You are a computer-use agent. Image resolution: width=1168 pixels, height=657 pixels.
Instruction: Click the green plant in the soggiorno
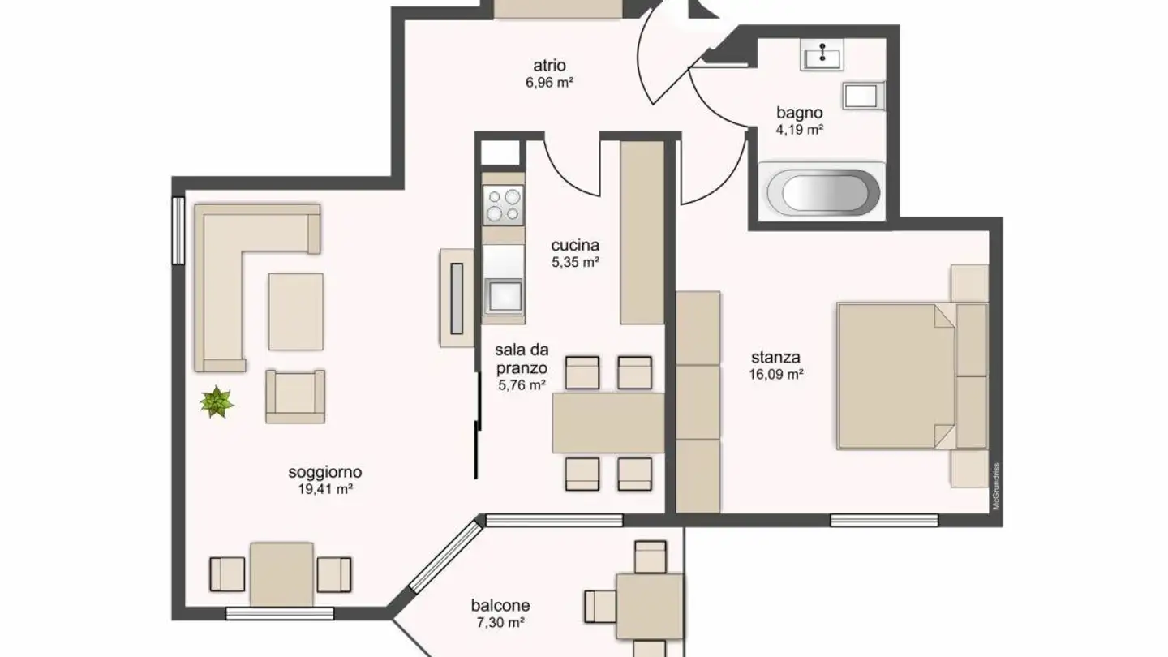pyautogui.click(x=217, y=401)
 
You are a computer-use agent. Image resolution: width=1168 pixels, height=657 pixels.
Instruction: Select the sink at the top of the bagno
pyautogui.click(x=823, y=56)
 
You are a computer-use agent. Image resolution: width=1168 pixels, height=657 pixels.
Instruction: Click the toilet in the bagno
pyautogui.click(x=861, y=96)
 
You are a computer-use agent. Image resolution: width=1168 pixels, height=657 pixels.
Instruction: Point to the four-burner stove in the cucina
pyautogui.click(x=503, y=204)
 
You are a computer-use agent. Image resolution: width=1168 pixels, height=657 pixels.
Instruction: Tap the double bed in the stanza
pyautogui.click(x=892, y=376)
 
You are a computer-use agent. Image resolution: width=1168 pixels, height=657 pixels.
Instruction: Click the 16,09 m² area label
pyautogui.click(x=776, y=375)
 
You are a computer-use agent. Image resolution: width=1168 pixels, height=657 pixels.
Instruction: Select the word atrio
pyautogui.click(x=549, y=66)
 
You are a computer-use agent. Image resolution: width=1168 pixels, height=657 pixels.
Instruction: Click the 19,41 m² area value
pyautogui.click(x=324, y=489)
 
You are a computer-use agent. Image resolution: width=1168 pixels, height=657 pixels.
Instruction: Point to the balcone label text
pyautogui.click(x=500, y=605)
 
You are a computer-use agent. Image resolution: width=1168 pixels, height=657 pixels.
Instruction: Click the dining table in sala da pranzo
pyautogui.click(x=608, y=422)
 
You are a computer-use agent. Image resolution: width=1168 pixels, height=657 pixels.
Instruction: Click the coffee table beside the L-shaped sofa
pyautogui.click(x=296, y=311)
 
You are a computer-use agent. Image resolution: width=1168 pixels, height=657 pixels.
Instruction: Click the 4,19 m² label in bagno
pyautogui.click(x=799, y=130)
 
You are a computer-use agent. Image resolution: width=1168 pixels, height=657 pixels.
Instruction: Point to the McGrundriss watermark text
pyautogui.click(x=997, y=486)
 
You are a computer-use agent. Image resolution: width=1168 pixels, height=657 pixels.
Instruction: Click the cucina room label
pyautogui.click(x=575, y=245)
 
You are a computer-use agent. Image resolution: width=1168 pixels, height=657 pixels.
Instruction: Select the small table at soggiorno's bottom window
pyautogui.click(x=281, y=573)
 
